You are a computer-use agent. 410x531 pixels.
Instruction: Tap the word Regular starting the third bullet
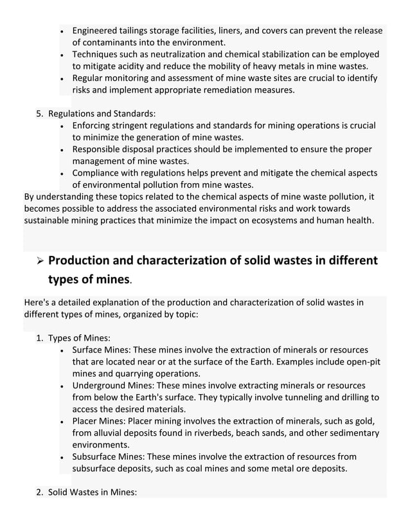(x=90, y=78)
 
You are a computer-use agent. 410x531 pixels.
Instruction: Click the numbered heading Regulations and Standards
(x=102, y=114)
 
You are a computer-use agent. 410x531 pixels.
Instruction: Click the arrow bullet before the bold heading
(x=39, y=262)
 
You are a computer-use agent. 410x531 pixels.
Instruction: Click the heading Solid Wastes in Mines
(x=93, y=492)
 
